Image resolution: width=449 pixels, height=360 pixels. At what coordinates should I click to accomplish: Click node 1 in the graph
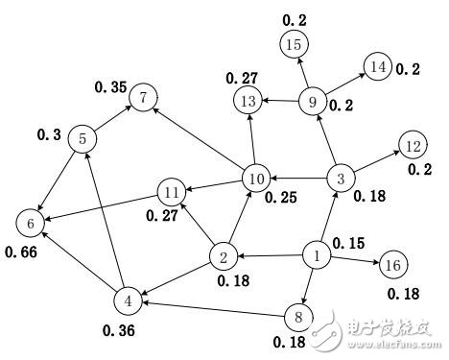(316, 255)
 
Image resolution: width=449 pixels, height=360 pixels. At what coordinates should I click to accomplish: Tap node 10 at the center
(255, 179)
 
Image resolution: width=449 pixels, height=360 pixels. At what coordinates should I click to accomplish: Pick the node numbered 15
(295, 43)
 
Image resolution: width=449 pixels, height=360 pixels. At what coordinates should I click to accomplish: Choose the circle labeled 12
(414, 146)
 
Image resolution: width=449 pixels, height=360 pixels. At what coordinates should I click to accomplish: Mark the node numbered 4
(127, 300)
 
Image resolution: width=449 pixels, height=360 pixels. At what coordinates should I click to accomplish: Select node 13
(248, 100)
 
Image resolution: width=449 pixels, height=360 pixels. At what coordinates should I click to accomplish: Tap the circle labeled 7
(144, 97)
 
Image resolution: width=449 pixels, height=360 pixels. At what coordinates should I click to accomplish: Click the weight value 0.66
(21, 253)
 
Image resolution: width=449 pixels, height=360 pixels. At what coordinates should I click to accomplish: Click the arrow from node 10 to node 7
(200, 137)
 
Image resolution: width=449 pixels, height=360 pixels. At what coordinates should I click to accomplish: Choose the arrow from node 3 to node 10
(297, 179)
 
